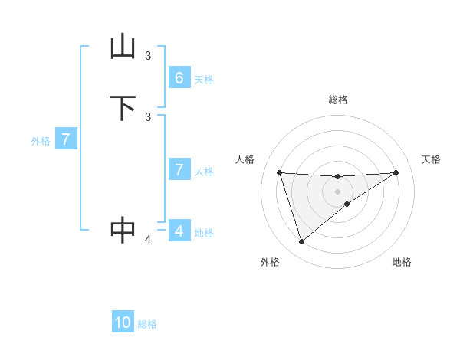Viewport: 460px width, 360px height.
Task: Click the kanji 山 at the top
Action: tap(123, 47)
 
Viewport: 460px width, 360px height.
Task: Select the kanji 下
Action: tap(123, 108)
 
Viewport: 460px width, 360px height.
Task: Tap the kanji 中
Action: tap(123, 230)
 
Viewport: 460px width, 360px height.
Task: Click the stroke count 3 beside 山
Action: tap(148, 56)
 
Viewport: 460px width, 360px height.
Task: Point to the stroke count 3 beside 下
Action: tap(148, 116)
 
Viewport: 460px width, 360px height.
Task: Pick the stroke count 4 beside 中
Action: tap(148, 241)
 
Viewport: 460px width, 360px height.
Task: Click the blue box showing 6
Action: tap(179, 78)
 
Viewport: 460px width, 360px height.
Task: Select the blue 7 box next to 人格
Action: tap(179, 170)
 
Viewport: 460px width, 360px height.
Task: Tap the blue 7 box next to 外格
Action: tap(66, 140)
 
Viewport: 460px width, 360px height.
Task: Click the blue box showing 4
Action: tap(179, 231)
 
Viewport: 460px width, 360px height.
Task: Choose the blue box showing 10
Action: tap(123, 323)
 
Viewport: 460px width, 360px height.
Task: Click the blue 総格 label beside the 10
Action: tap(147, 324)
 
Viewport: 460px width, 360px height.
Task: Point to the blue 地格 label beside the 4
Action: tap(204, 233)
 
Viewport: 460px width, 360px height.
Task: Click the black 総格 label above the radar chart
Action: tap(337, 100)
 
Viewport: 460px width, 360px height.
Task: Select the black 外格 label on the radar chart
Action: tap(270, 262)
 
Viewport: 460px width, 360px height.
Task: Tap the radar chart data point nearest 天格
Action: tap(396, 172)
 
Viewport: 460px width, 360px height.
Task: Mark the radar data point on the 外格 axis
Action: tap(301, 242)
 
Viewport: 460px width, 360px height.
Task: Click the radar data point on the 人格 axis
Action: tap(279, 172)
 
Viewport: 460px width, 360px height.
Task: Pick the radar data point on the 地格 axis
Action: tap(347, 204)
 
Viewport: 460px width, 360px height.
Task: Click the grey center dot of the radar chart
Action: tap(337, 191)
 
